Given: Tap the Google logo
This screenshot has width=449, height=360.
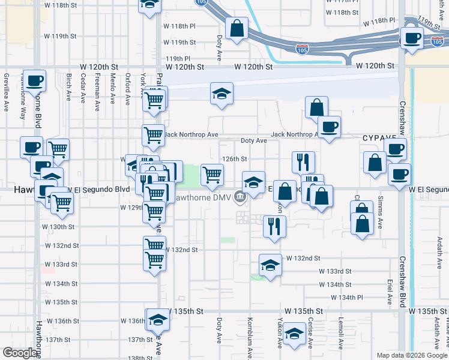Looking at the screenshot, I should pos(20,353).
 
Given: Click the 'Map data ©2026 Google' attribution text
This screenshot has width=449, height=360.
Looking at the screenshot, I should pos(412,355).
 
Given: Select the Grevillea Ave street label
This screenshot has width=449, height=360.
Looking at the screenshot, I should pos(6,89).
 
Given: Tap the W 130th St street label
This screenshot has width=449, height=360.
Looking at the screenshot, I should pos(58,227).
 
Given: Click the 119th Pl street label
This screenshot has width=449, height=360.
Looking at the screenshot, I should pos(178,58).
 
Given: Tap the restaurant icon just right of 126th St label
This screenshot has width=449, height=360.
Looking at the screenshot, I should pos(303,161).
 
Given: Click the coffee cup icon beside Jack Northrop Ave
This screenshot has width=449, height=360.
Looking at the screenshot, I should pos(328,127).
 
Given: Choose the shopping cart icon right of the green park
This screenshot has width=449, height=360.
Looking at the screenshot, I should pos(212,175).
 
